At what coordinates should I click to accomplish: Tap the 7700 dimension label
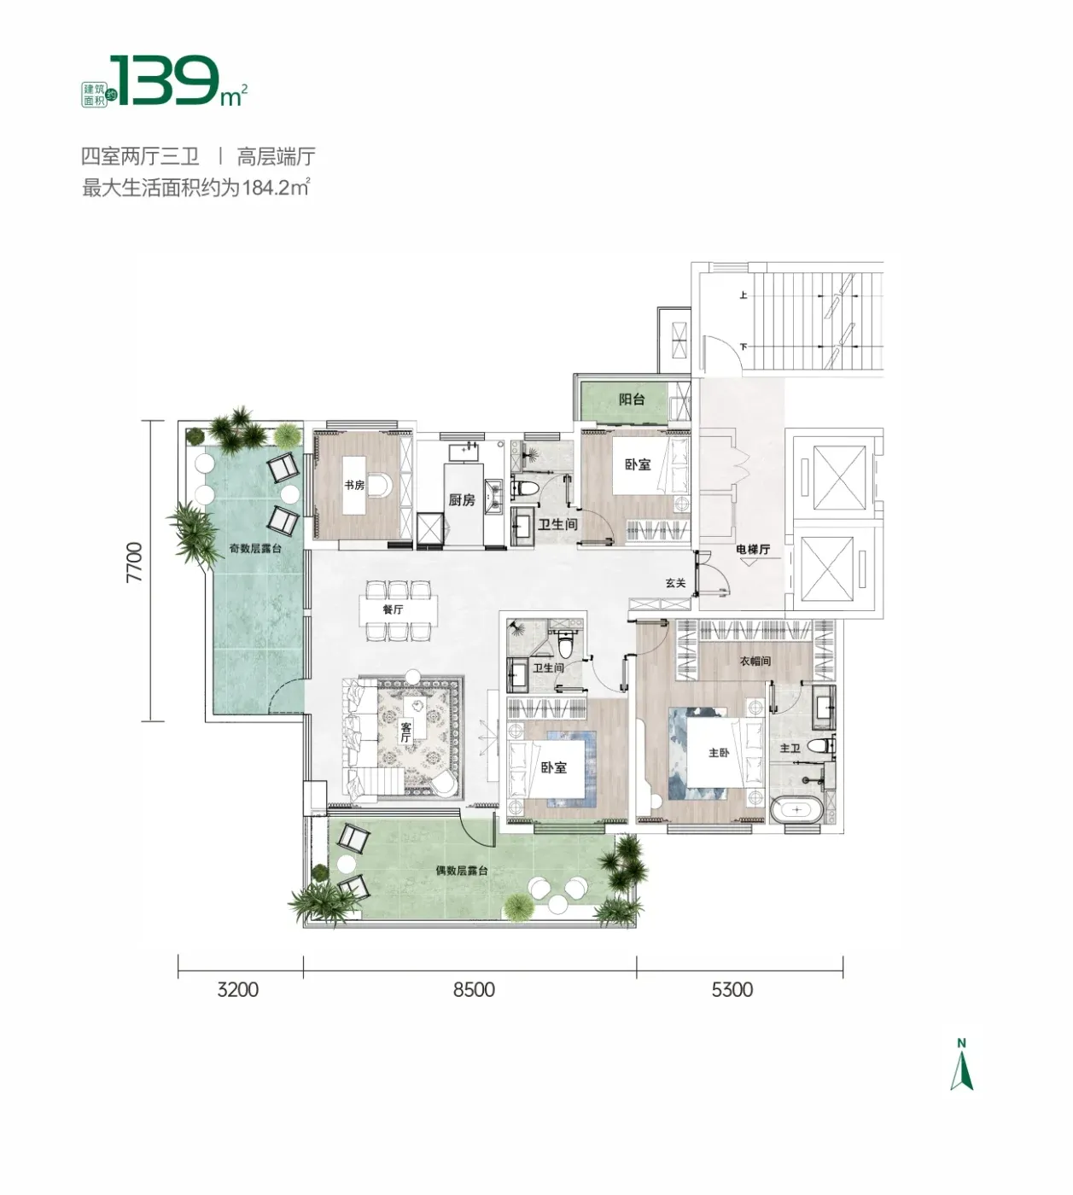click(135, 563)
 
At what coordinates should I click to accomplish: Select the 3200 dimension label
click(237, 989)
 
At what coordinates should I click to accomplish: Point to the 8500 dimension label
click(474, 989)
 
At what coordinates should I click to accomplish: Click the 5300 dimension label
click(732, 989)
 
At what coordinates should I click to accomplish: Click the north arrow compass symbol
click(961, 1073)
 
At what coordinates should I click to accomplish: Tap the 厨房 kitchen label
click(461, 500)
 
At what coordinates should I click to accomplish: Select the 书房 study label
click(354, 486)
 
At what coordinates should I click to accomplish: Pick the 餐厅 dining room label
click(393, 609)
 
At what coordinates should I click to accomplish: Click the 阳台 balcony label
click(631, 399)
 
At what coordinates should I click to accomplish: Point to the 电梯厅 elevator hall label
click(753, 550)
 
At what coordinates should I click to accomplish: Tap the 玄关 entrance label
click(675, 583)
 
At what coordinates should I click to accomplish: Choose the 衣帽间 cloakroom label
click(755, 662)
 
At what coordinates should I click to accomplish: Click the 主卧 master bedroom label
click(719, 753)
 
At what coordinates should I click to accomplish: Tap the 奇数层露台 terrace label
click(255, 548)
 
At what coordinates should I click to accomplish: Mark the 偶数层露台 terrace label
click(461, 871)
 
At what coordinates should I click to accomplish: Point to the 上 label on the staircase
click(744, 294)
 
